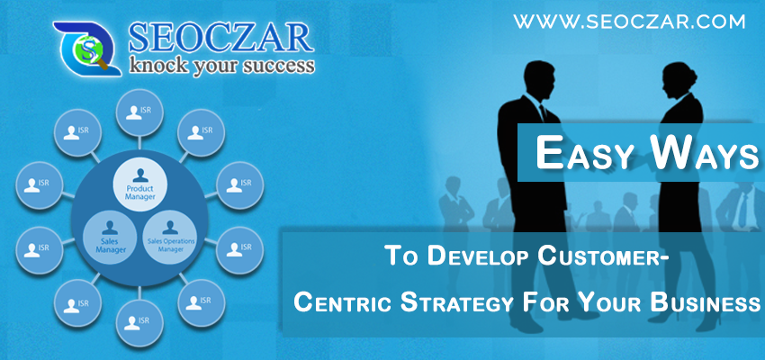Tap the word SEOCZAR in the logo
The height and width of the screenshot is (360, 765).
(220, 38)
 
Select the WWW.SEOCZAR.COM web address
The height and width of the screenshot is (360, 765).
(629, 22)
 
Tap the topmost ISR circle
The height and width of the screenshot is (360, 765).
(139, 112)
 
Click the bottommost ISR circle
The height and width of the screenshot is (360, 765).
(139, 323)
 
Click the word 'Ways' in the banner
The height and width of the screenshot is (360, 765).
(706, 152)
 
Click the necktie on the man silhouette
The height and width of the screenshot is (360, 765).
(543, 114)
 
